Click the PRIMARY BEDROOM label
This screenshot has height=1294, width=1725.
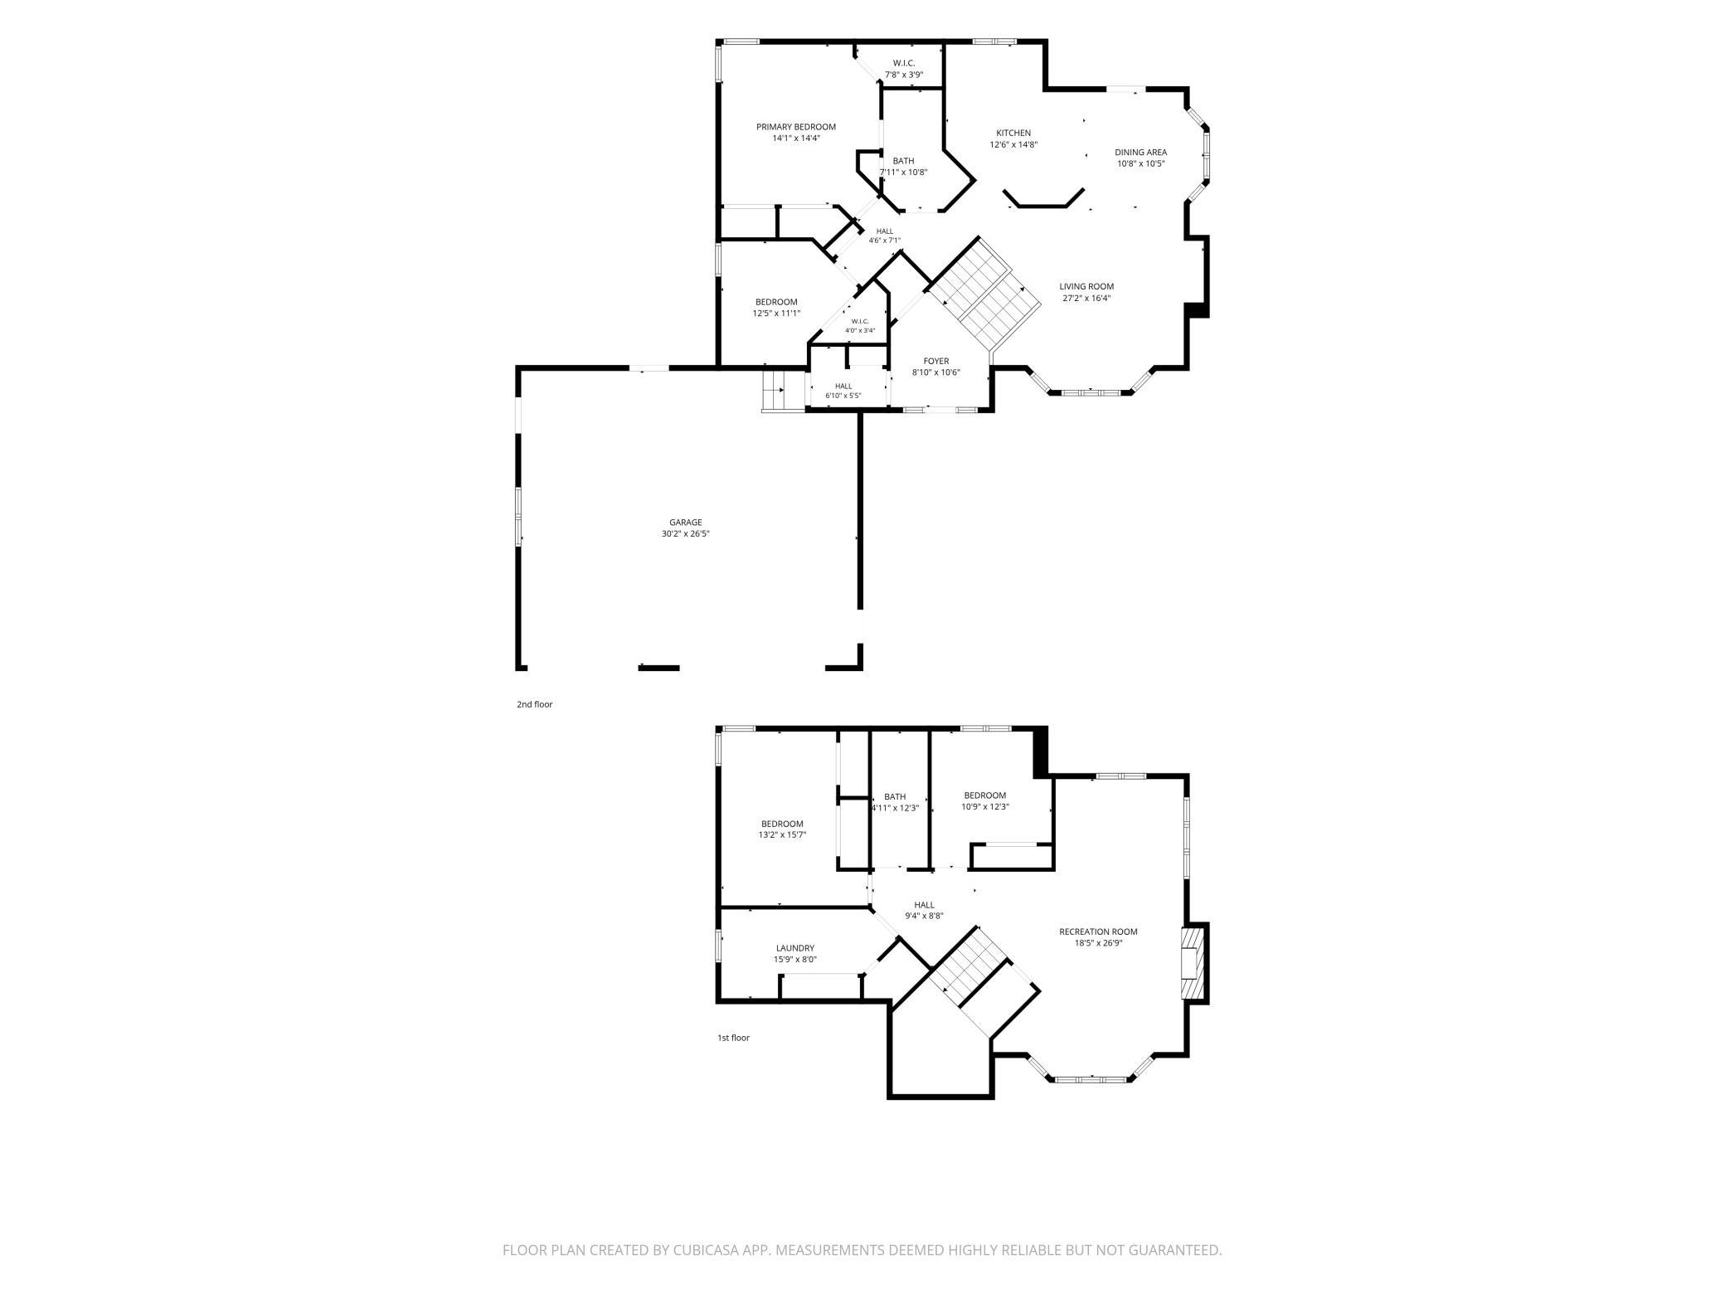(x=795, y=127)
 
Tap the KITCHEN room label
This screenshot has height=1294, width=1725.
(x=1013, y=133)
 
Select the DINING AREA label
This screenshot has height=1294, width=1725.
(x=1141, y=152)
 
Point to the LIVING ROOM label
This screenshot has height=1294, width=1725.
(x=1086, y=286)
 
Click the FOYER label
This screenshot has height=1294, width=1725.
(x=936, y=361)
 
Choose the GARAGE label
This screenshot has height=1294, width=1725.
(x=686, y=522)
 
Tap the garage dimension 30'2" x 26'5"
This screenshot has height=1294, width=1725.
(x=686, y=533)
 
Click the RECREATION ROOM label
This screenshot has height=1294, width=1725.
(x=1098, y=932)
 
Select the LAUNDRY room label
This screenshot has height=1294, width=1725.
(x=795, y=948)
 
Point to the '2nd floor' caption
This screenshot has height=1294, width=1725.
(x=535, y=704)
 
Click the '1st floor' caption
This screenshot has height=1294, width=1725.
(x=733, y=1038)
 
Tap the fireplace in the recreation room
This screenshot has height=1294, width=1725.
(x=1193, y=962)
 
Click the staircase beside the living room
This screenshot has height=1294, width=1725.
(x=984, y=294)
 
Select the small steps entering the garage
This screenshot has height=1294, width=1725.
(x=774, y=390)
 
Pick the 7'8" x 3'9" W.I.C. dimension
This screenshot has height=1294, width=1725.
(x=904, y=75)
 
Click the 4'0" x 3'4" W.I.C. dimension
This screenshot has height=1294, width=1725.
(x=860, y=330)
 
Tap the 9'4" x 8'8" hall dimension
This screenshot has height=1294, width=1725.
(x=924, y=917)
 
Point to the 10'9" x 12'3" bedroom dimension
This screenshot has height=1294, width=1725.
(x=985, y=807)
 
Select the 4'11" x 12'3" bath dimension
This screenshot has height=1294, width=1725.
(x=895, y=808)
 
